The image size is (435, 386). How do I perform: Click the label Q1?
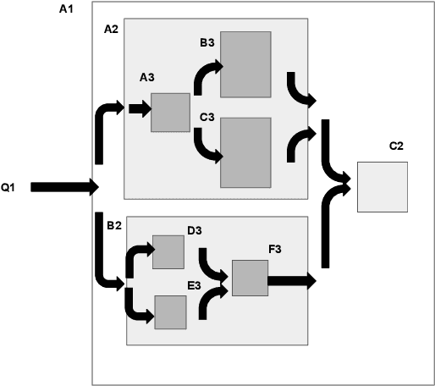(x=8, y=187)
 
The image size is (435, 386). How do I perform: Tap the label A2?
(x=111, y=29)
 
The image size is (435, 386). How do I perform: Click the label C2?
(x=395, y=146)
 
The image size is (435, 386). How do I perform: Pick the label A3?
(x=147, y=77)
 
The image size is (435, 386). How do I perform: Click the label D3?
(x=194, y=229)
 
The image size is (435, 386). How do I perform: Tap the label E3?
(x=194, y=285)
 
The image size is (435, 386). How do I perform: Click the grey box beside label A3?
(x=170, y=112)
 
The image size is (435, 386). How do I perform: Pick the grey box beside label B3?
(x=245, y=64)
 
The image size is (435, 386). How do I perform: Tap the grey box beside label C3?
(x=245, y=152)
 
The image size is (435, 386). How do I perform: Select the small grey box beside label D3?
(x=168, y=252)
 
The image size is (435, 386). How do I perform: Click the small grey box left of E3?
(x=170, y=312)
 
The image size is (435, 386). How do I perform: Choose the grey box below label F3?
(x=250, y=278)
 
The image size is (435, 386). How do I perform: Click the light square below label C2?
(x=383, y=186)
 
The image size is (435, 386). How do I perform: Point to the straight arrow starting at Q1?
(x=64, y=187)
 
